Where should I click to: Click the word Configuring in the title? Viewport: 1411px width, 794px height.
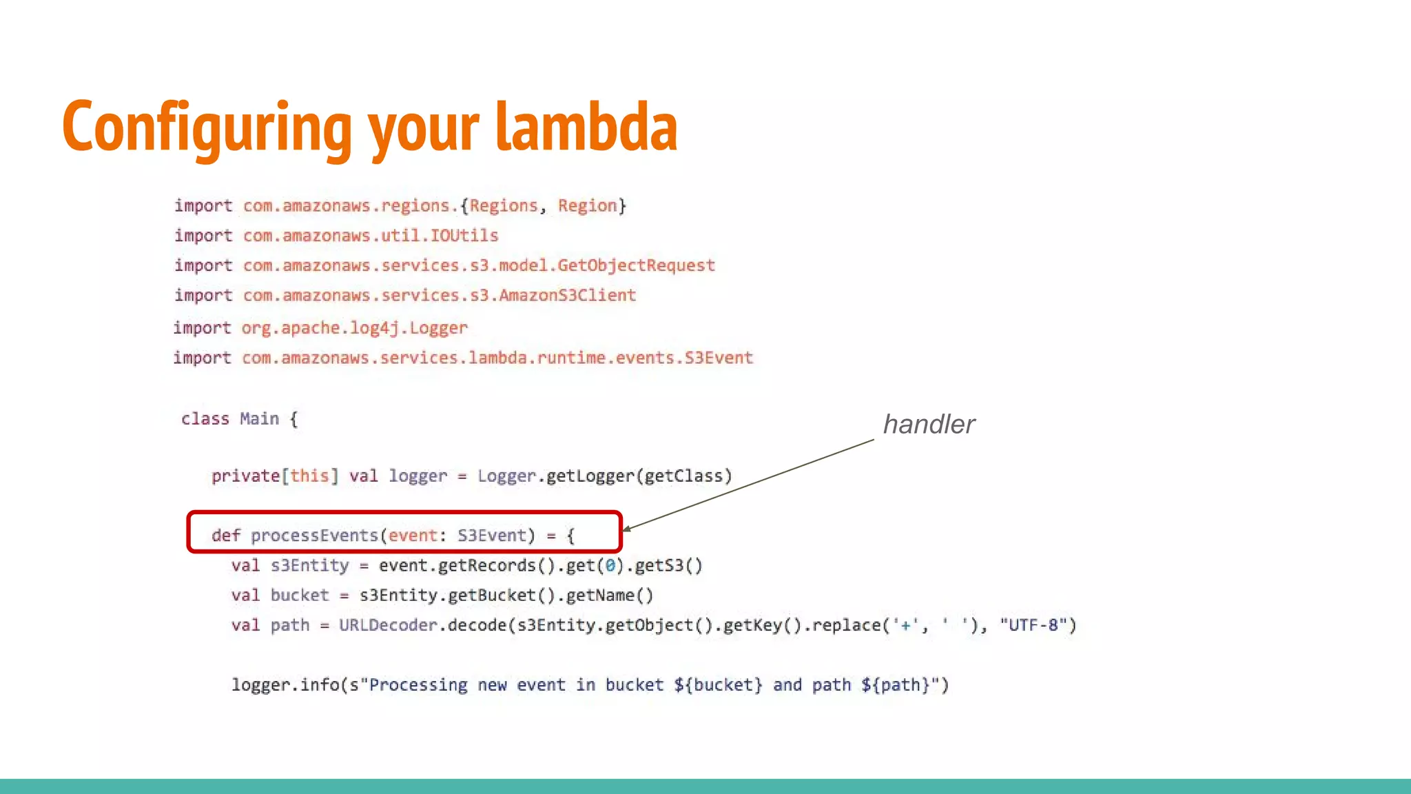click(x=207, y=128)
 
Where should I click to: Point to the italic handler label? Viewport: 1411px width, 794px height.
click(x=929, y=425)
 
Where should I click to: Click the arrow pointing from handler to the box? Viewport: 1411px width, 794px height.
click(x=748, y=485)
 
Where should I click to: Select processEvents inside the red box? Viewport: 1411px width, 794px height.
click(x=314, y=536)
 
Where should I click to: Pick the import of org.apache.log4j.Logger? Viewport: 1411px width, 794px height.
click(x=354, y=328)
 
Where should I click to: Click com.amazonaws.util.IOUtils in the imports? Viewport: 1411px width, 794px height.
click(x=371, y=236)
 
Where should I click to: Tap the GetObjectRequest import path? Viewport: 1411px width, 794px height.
click(x=479, y=265)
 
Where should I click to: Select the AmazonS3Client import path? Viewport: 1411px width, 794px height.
click(x=440, y=296)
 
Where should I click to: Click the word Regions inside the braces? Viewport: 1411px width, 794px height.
click(x=504, y=206)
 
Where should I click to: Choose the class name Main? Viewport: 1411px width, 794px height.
click(x=259, y=419)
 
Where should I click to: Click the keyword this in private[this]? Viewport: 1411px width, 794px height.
click(x=309, y=476)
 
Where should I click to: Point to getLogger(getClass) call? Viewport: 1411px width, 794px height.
click(x=639, y=476)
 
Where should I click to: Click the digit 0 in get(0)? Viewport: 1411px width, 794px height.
click(x=610, y=566)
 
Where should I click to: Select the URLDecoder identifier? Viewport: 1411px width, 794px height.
click(x=388, y=625)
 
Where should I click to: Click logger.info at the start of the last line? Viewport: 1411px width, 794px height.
click(x=285, y=685)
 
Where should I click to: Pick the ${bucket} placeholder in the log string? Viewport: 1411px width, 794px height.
click(x=718, y=685)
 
